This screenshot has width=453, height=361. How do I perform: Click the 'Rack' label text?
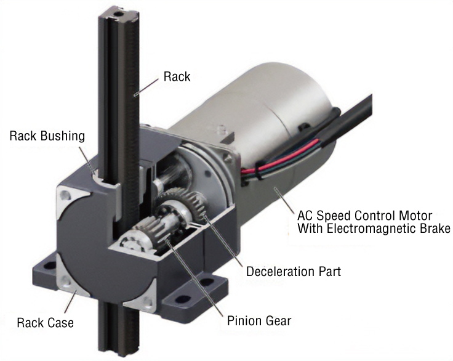click(177, 77)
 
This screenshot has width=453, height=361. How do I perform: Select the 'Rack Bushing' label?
click(47, 136)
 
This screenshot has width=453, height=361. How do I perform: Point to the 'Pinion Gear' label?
click(258, 320)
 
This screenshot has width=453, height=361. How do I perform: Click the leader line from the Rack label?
click(148, 86)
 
